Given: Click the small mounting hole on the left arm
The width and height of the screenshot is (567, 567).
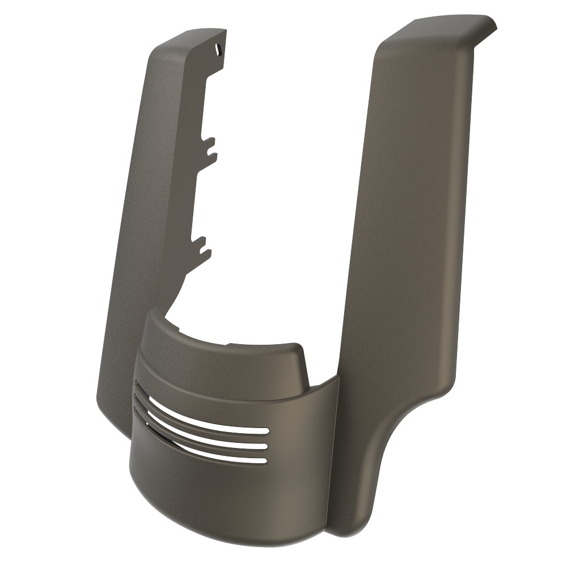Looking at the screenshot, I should [218, 50].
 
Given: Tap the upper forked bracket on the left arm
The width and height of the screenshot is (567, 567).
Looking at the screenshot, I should [209, 146].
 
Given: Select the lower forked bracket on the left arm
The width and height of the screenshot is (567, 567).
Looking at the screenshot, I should [203, 246].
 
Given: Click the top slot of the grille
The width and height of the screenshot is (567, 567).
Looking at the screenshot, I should [210, 418].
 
